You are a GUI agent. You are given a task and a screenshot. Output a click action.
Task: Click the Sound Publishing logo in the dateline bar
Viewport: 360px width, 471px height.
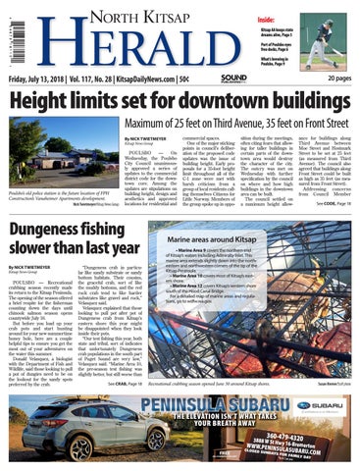[234, 78]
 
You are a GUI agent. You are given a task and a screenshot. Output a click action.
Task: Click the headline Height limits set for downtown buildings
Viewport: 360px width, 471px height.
[166, 102]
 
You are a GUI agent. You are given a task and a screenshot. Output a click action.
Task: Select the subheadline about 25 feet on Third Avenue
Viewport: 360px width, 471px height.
[241, 125]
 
